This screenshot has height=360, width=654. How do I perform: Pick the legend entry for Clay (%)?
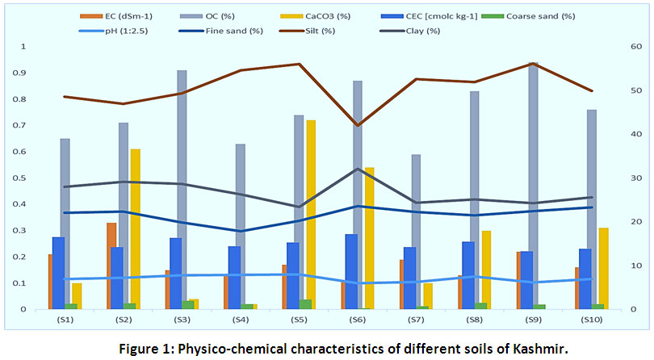(x=419, y=31)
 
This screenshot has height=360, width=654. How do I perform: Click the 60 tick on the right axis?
(x=635, y=47)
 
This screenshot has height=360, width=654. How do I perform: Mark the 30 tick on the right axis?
(x=635, y=178)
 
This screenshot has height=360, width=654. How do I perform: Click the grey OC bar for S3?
(x=182, y=190)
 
